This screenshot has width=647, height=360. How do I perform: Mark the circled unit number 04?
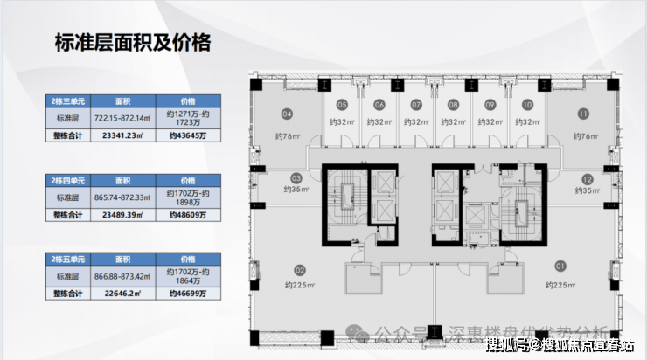[x=286, y=113]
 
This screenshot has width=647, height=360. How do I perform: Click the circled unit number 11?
[x=582, y=113]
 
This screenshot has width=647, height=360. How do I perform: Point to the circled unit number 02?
[x=300, y=270]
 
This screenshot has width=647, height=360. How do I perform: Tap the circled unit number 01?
[x=560, y=265]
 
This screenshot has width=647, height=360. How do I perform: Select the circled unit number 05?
[x=342, y=104]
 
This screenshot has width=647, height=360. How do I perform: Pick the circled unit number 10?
[x=527, y=104]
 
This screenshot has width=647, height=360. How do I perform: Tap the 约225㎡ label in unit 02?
[x=298, y=286]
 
